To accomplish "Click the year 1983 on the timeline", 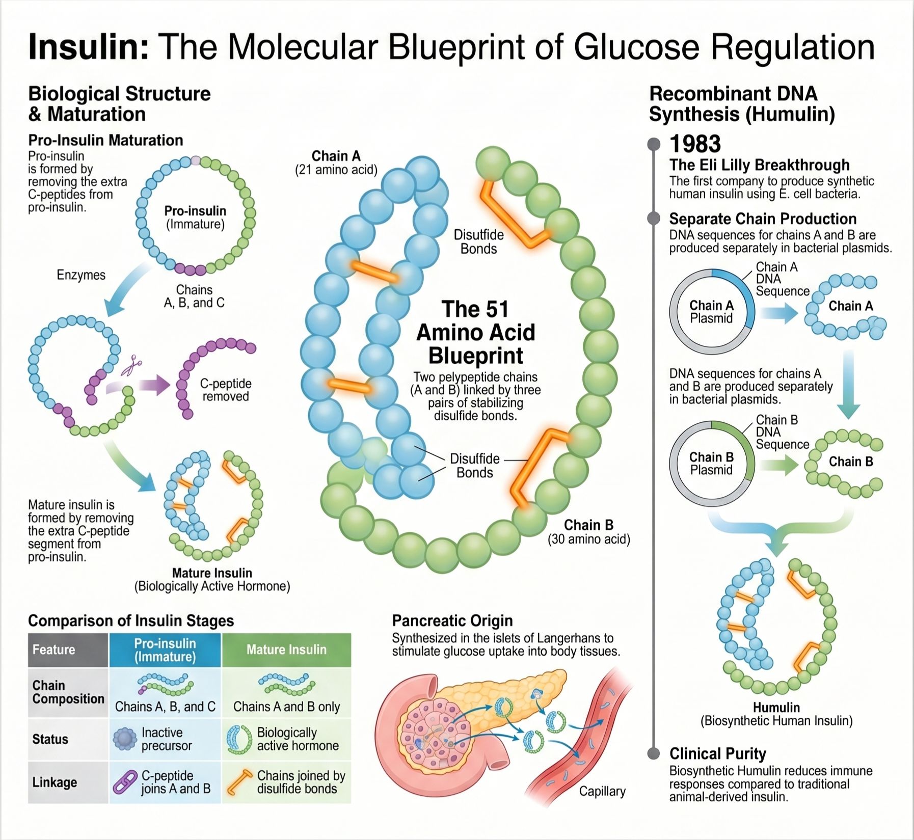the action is pyautogui.click(x=695, y=144).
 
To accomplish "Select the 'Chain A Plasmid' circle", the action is pyautogui.click(x=711, y=312).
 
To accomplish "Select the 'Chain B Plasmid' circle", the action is pyautogui.click(x=711, y=463).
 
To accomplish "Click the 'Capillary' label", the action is pyautogui.click(x=602, y=791).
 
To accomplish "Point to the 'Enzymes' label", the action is pyautogui.click(x=81, y=275).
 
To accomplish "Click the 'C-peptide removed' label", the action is pyautogui.click(x=225, y=390).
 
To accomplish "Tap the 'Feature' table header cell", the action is pyautogui.click(x=68, y=650).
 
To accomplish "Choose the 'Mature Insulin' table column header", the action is pyautogui.click(x=286, y=650).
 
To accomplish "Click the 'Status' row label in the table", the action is pyautogui.click(x=50, y=739).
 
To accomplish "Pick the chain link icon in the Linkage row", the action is pyautogui.click(x=125, y=782).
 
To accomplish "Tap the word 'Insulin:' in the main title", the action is pyautogui.click(x=89, y=47).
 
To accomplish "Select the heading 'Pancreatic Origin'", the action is pyautogui.click(x=452, y=620).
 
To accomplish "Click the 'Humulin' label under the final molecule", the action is pyautogui.click(x=776, y=707).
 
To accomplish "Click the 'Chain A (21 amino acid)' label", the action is pyautogui.click(x=336, y=162).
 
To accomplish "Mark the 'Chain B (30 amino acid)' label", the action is pyautogui.click(x=589, y=532).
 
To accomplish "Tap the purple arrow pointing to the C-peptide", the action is pyautogui.click(x=138, y=386).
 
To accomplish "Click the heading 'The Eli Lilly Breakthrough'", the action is pyautogui.click(x=760, y=165).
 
